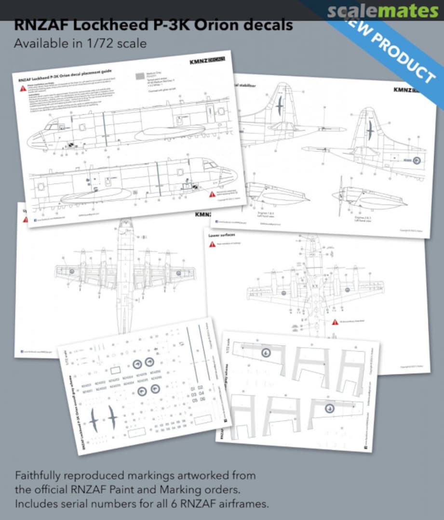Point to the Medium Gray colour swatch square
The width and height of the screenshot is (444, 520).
point(140,76)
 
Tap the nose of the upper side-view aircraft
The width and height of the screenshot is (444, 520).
point(30,140)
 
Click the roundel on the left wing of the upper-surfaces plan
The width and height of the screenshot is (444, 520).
point(71,272)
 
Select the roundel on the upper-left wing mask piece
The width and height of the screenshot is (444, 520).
point(266,353)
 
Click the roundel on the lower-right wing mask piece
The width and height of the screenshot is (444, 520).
point(330,408)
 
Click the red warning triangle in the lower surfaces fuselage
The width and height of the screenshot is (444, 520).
point(335,321)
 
